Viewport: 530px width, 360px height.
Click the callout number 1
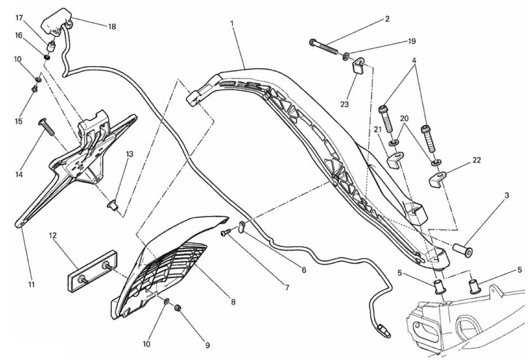(232, 24)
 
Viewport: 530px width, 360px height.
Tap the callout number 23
(345, 104)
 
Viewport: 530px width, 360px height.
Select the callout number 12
(53, 235)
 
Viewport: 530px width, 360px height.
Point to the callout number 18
(112, 27)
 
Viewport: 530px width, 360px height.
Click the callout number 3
(506, 196)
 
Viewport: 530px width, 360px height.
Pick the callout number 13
(129, 154)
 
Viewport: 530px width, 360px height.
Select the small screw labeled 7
(225, 233)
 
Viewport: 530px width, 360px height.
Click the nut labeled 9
(178, 308)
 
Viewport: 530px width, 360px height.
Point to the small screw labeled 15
(35, 89)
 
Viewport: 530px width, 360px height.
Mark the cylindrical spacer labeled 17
(51, 47)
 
